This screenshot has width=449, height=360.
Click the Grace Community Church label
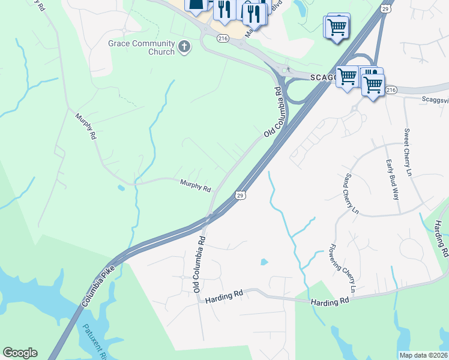point(142,47)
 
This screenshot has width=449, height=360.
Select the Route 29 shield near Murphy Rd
point(240,196)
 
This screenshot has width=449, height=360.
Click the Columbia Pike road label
point(98,286)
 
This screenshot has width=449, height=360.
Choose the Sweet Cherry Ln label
point(408,152)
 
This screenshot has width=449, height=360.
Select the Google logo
point(20,353)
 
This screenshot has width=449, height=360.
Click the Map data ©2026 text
point(423,355)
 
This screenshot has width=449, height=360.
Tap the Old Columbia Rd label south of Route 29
point(199,264)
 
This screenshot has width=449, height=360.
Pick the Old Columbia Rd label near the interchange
point(273,112)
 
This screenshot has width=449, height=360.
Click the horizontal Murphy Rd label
point(196,185)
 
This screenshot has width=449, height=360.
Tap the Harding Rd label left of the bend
point(223,295)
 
